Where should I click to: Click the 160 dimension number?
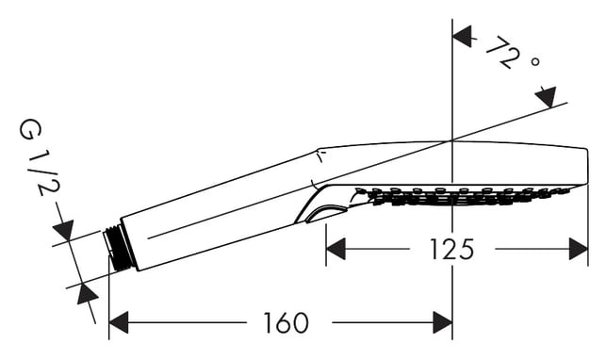coord(286,322)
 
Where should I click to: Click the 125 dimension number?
coord(451,249)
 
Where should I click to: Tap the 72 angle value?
coord(500,52)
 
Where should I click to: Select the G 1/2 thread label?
coord(39,157)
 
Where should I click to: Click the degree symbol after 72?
coord(535,61)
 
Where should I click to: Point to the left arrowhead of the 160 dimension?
coord(119,322)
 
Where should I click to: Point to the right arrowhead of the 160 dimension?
coord(443,322)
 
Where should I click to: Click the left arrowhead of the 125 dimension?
coord(336,249)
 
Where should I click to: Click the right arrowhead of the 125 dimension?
coord(579,249)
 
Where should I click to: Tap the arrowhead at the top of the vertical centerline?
coord(462,37)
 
